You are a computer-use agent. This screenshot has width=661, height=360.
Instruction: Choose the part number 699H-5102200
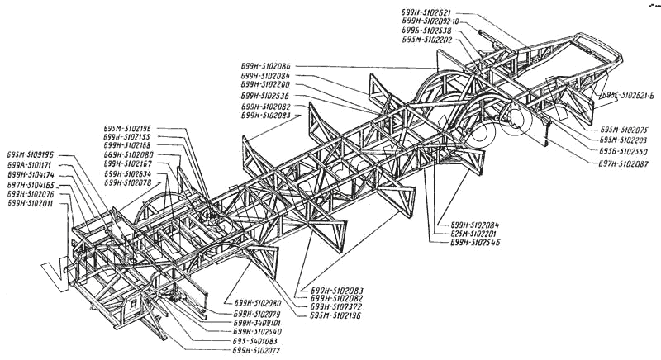(265, 84)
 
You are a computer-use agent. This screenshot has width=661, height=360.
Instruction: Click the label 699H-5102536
(265, 96)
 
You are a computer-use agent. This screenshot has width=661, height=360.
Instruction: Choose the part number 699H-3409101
(259, 323)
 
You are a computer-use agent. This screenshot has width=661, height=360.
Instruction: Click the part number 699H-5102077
(259, 351)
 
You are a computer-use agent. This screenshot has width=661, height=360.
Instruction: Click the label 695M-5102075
(625, 130)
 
